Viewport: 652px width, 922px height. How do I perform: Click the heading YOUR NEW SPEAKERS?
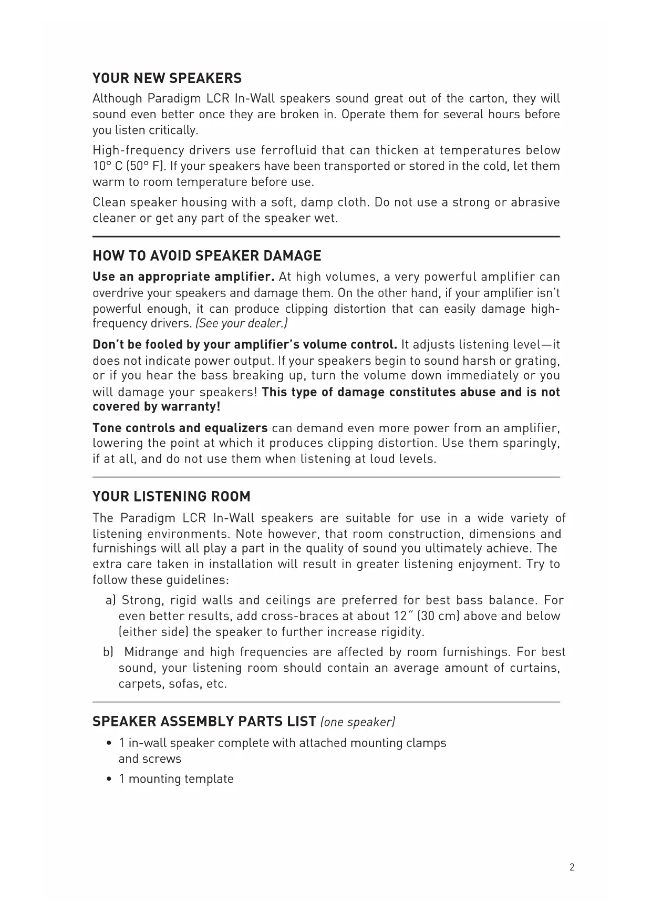[167, 79]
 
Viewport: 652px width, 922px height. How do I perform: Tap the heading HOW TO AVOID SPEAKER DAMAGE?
[206, 256]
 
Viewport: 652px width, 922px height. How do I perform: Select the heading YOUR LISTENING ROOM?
[171, 497]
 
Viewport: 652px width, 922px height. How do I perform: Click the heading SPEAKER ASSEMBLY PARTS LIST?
[204, 721]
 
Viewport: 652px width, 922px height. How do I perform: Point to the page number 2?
[572, 867]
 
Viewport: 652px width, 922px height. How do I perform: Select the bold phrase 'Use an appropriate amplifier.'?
[183, 277]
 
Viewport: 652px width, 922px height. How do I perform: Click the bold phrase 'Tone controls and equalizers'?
[180, 428]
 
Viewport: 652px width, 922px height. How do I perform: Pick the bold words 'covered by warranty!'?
[156, 407]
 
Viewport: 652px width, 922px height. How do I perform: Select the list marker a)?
[110, 600]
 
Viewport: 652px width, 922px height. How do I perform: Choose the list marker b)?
[108, 652]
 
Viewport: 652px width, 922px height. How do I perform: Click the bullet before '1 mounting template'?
[109, 779]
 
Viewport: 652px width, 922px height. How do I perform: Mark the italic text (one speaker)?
[358, 722]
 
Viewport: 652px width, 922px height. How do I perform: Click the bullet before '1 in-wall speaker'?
[109, 743]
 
